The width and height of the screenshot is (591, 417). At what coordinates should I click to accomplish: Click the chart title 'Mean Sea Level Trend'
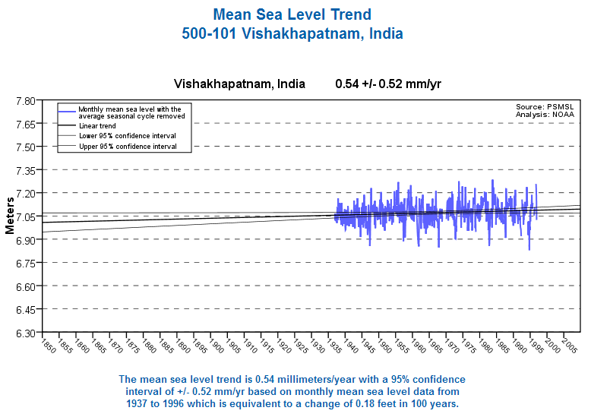pyautogui.click(x=292, y=14)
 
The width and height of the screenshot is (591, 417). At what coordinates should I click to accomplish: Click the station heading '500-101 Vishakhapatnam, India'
pyautogui.click(x=292, y=34)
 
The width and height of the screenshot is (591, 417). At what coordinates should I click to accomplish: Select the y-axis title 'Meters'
pyautogui.click(x=10, y=216)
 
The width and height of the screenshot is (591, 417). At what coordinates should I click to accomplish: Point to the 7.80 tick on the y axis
pyautogui.click(x=25, y=100)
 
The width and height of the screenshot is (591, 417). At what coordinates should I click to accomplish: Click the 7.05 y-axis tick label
pyautogui.click(x=25, y=216)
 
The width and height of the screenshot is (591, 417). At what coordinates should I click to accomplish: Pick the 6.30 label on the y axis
pyautogui.click(x=25, y=333)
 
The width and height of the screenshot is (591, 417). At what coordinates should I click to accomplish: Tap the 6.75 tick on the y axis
pyautogui.click(x=25, y=263)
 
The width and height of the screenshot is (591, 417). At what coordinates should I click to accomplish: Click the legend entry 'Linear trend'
pyautogui.click(x=96, y=125)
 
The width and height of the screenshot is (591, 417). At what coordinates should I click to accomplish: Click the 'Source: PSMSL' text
pyautogui.click(x=545, y=107)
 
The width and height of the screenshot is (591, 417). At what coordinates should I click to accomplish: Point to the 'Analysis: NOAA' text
pyautogui.click(x=545, y=115)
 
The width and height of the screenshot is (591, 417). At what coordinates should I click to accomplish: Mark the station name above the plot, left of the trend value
pyautogui.click(x=239, y=84)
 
